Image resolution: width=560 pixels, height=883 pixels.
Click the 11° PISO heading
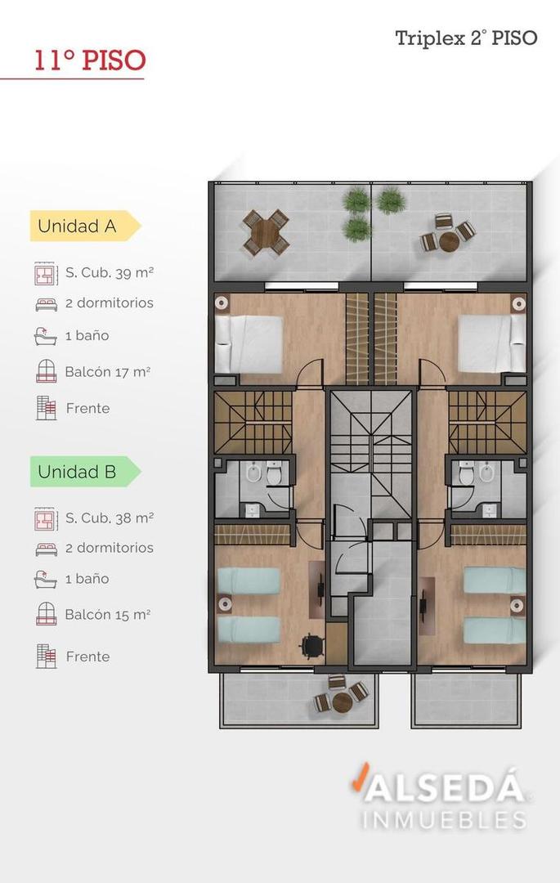(x=89, y=61)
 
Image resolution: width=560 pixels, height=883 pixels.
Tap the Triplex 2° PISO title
(x=466, y=38)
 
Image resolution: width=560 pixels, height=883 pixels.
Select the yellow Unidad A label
(x=78, y=226)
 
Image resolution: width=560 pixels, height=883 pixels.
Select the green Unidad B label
(x=78, y=472)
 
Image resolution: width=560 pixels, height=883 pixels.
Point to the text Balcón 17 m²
(x=107, y=372)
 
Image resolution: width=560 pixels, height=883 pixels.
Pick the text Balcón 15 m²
(x=107, y=614)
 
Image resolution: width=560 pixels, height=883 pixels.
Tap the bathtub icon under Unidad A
(x=46, y=336)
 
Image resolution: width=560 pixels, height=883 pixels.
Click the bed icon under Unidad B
(x=46, y=549)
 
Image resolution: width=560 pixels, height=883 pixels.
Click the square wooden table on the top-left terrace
(x=266, y=231)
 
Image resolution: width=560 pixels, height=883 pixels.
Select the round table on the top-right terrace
(x=448, y=241)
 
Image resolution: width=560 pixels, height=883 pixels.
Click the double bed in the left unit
(x=249, y=343)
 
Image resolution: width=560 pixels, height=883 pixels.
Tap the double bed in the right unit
(x=491, y=343)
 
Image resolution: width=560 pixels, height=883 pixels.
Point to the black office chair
(x=310, y=645)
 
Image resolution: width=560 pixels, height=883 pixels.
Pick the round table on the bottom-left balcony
(x=342, y=701)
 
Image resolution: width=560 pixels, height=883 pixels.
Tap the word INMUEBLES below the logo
(x=444, y=819)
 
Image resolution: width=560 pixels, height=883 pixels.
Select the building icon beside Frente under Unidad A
(x=46, y=408)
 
